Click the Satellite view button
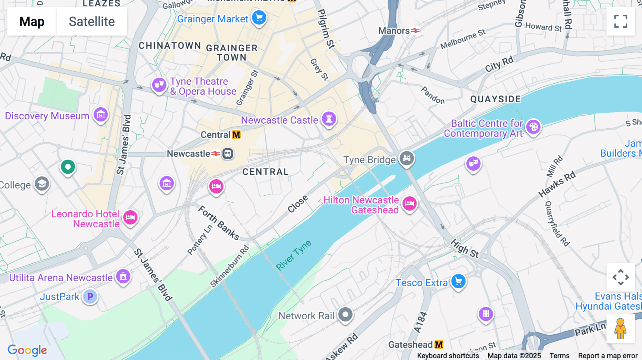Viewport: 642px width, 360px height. (x=92, y=21)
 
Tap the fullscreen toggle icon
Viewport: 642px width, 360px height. (x=621, y=21)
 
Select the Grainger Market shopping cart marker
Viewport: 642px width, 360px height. (x=259, y=17)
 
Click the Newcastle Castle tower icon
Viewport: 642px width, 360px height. (x=329, y=118)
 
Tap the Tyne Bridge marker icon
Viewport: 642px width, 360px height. (x=407, y=158)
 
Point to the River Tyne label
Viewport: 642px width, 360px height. (x=294, y=255)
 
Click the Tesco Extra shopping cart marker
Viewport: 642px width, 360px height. (x=458, y=282)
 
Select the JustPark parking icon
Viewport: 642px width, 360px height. (x=90, y=296)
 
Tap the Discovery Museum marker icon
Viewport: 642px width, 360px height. (x=101, y=115)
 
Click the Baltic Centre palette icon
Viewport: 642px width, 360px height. (x=533, y=127)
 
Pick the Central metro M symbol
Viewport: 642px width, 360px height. (x=236, y=135)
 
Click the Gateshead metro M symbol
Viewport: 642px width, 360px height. (x=439, y=345)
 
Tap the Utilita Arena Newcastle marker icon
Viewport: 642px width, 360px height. (x=123, y=276)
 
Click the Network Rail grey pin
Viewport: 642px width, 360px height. (x=345, y=315)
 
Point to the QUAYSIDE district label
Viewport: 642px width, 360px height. (x=495, y=99)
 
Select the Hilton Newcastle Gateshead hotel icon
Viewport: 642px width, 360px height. (x=409, y=204)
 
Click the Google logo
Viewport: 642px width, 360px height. (x=27, y=350)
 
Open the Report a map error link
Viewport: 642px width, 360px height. (x=607, y=356)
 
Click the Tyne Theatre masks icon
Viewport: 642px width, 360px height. (x=159, y=85)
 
